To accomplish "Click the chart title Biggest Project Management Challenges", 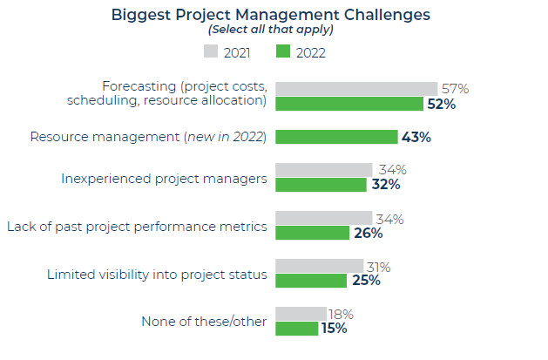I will pyautogui.click(x=270, y=15).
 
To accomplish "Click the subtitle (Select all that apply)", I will pyautogui.click(x=270, y=30).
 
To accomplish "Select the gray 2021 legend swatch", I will pyautogui.click(x=211, y=52).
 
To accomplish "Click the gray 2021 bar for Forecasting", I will pyautogui.click(x=356, y=89).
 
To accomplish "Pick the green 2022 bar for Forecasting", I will pyautogui.click(x=348, y=104).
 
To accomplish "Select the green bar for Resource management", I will pyautogui.click(x=336, y=137).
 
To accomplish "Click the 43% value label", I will pyautogui.click(x=416, y=137).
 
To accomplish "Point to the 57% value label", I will pyautogui.click(x=454, y=88).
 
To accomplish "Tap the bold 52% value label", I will pyautogui.click(x=440, y=105).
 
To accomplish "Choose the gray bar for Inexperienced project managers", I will pyautogui.click(x=323, y=170).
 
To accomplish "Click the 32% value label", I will pyautogui.click(x=385, y=185).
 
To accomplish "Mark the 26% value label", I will pyautogui.click(x=367, y=234).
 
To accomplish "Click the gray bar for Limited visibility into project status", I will pyautogui.click(x=319, y=266).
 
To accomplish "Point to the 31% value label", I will pyautogui.click(x=378, y=267).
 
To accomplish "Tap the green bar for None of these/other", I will pyautogui.click(x=296, y=329).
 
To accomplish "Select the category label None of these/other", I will pyautogui.click(x=204, y=322).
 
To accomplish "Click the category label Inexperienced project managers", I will pyautogui.click(x=164, y=178).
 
